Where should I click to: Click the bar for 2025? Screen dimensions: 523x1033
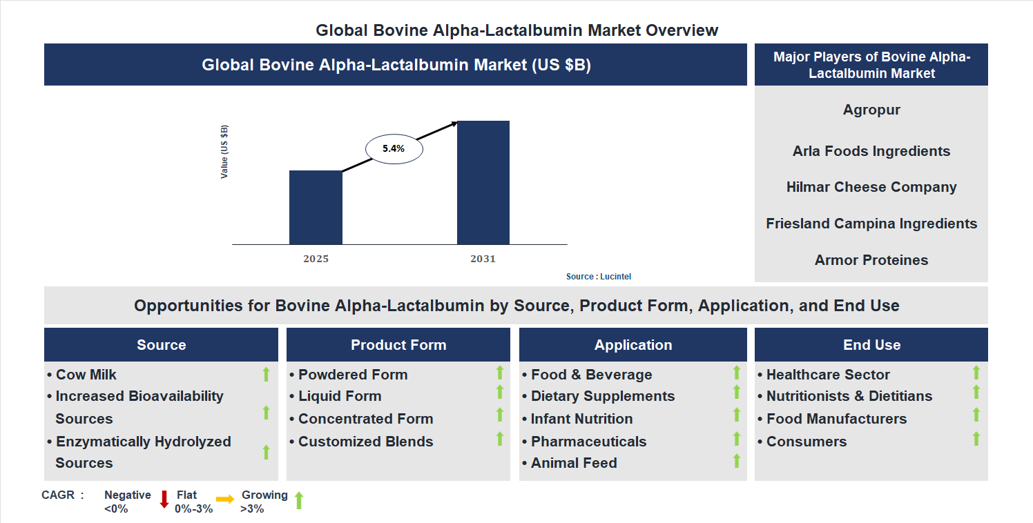[x=316, y=207]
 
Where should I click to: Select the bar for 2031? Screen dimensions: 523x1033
[x=483, y=183]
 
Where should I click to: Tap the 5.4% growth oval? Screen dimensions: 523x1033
[x=394, y=148]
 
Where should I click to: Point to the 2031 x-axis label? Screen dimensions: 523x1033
[x=483, y=259]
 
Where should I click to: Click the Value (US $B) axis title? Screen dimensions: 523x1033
[x=224, y=152]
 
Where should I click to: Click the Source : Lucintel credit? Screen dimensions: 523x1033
[x=598, y=277]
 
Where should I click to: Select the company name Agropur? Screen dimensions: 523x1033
[x=871, y=110]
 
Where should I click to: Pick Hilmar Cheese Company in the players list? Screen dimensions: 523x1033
[x=871, y=187]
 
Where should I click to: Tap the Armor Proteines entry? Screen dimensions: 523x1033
[x=871, y=260]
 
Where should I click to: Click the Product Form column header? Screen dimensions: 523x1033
[x=398, y=345]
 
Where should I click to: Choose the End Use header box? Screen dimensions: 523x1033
[x=871, y=345]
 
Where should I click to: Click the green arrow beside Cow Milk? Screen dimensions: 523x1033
[x=266, y=375]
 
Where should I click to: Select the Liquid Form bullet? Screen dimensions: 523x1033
[x=339, y=396]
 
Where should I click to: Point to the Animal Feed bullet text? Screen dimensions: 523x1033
[x=573, y=463]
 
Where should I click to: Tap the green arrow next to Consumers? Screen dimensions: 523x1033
[x=976, y=439]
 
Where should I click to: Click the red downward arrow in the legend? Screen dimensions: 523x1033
[x=164, y=500]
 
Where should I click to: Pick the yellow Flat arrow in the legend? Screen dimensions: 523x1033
[x=225, y=499]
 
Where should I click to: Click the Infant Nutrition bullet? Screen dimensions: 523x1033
[x=581, y=419]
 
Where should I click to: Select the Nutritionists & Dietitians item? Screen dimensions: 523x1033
[x=849, y=396]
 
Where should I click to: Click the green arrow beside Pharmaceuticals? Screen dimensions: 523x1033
[x=737, y=439]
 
